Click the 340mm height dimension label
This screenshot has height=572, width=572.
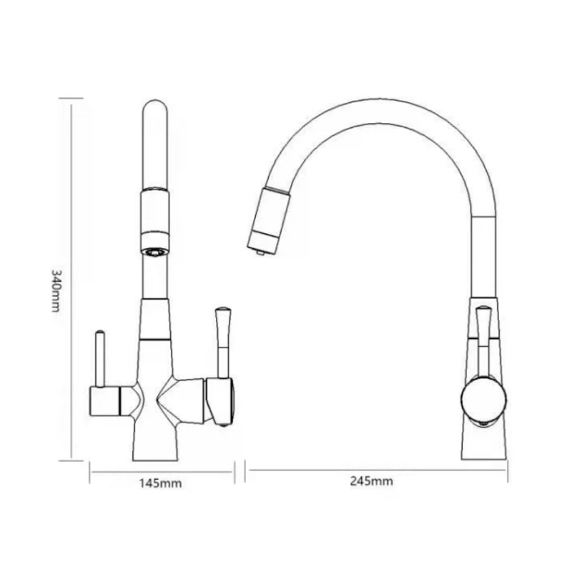click(55, 291)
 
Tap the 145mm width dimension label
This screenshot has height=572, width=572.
click(160, 484)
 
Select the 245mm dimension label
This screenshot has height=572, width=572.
click(372, 481)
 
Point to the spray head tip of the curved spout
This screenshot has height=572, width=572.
click(260, 251)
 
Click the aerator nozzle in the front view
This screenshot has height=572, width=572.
click(155, 252)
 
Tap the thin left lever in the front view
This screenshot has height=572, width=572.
click(99, 358)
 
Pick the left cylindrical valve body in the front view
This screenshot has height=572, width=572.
click(104, 400)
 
